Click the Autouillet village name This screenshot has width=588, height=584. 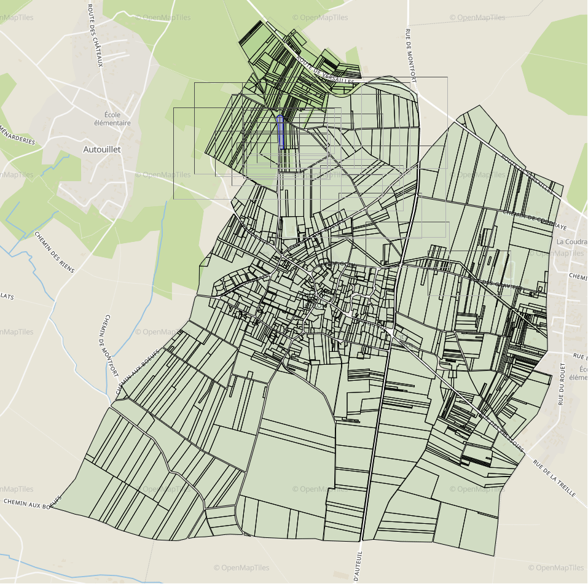pyautogui.click(x=102, y=149)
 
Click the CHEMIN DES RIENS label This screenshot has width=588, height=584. pyautogui.click(x=54, y=251)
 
